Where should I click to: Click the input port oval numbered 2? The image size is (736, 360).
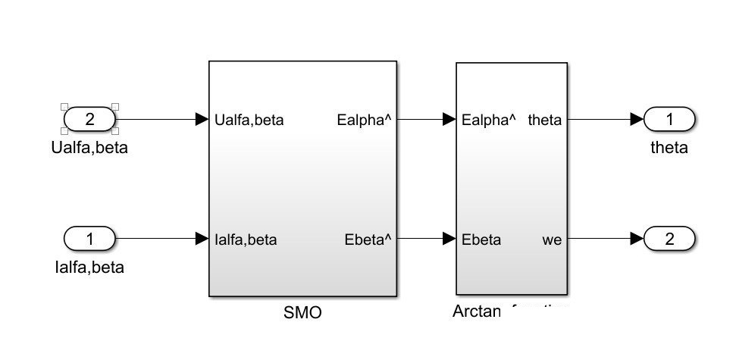tap(89, 119)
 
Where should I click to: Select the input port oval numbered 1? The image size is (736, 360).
tap(89, 239)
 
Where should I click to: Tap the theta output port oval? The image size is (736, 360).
tap(669, 119)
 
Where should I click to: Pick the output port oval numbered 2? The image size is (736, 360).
tap(669, 239)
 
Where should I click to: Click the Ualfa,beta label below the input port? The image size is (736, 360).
tap(89, 147)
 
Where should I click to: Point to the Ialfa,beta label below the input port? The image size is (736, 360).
tap(89, 267)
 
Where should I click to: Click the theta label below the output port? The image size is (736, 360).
tap(669, 147)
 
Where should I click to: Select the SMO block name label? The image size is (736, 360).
tap(302, 312)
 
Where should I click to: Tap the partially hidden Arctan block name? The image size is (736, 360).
tap(509, 311)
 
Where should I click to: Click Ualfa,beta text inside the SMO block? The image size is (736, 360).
tap(249, 120)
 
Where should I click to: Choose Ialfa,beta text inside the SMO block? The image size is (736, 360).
tap(246, 240)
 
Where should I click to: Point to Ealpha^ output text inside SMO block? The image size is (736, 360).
tap(364, 120)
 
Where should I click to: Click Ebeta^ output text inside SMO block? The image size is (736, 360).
tap(368, 240)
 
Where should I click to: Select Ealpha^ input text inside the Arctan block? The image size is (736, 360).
tap(489, 120)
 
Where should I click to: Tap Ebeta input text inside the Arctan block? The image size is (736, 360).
tap(481, 240)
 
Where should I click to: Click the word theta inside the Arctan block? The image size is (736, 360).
tap(545, 120)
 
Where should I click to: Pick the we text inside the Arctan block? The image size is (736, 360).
tap(552, 240)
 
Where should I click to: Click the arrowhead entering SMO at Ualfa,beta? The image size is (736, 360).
tap(202, 119)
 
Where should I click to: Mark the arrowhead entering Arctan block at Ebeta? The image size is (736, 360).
tap(449, 239)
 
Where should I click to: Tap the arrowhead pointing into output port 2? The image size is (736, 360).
tap(637, 239)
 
